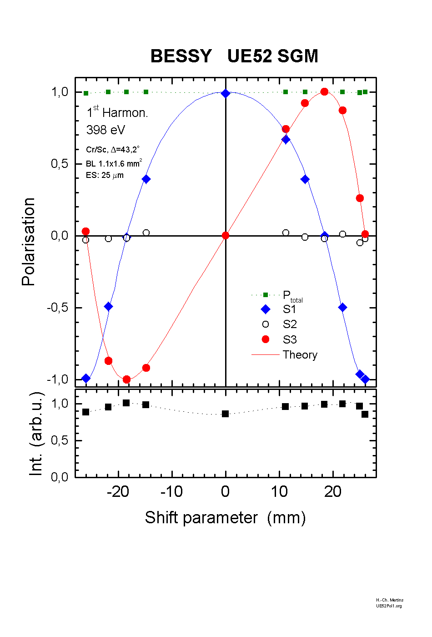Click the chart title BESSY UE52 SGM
tap(234, 56)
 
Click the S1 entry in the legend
tap(289, 309)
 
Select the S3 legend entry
tap(290, 339)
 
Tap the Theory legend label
tap(300, 355)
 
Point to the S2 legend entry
tap(290, 324)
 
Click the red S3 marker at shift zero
tap(226, 235)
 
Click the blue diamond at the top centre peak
tap(226, 93)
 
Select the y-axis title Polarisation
tap(28, 242)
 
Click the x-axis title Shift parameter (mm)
tap(225, 518)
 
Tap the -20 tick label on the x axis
tap(118, 492)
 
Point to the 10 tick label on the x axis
tap(279, 492)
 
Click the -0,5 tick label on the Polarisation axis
tap(57, 308)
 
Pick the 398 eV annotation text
tap(105, 130)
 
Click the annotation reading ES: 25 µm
tap(105, 175)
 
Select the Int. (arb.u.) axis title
tap(36, 434)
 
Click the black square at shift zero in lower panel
tap(225, 414)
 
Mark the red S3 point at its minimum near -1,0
tap(126, 379)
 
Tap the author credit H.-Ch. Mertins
tap(390, 600)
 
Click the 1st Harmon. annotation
tap(117, 112)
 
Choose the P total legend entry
tap(292, 296)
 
